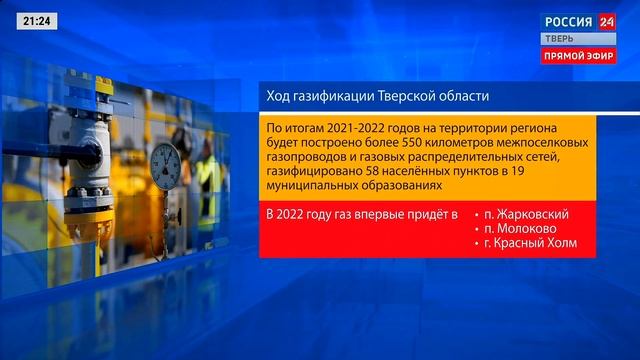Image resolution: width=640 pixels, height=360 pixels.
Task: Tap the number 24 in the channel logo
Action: (606, 20)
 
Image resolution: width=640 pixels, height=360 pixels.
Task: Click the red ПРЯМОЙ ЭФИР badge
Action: (579, 56)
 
